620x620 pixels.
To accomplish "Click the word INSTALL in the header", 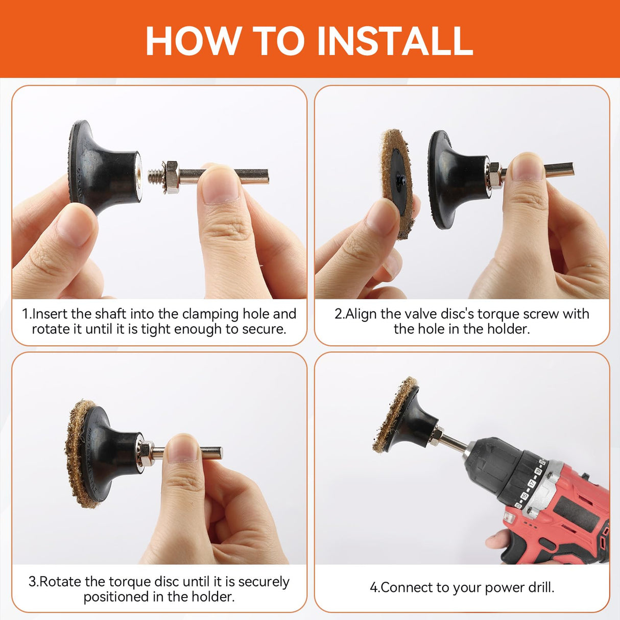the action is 395,41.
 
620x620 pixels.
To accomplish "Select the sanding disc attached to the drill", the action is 391,416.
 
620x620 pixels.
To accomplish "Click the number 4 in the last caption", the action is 373,587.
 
